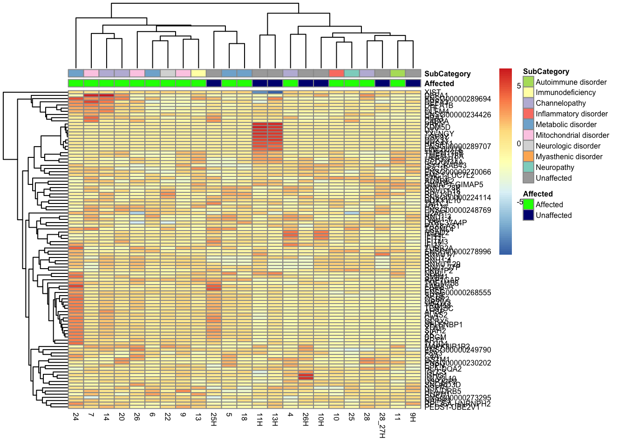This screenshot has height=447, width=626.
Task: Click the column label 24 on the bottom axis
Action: pos(76,417)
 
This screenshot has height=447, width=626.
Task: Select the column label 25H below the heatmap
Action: pos(214,419)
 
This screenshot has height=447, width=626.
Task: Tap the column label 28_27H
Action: pos(382,425)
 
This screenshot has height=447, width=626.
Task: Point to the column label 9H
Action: pos(413,417)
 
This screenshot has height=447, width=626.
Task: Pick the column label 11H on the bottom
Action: pos(259,419)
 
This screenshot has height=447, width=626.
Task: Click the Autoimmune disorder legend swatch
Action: pos(528,82)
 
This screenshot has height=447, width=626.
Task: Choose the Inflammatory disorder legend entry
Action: pos(572,114)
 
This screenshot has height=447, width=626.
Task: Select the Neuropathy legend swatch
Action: pos(528,167)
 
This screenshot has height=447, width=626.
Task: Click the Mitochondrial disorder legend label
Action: pos(572,135)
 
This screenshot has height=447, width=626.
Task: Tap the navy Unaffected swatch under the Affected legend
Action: pos(528,215)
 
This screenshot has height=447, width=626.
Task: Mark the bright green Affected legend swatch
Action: pos(528,204)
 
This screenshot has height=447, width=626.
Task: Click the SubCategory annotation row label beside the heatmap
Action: pos(447,74)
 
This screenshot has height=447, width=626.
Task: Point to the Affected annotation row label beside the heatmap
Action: pos(439,84)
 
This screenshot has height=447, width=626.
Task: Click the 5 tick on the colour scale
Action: pos(519,86)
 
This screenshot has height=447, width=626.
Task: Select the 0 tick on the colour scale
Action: pos(519,144)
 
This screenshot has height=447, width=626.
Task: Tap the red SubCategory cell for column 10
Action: pos(336,73)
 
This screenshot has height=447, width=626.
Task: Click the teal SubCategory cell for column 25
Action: pos(352,73)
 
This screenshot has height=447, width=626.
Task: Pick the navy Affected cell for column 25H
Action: pos(214,83)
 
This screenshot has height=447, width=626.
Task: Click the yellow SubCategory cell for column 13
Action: pos(198,73)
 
